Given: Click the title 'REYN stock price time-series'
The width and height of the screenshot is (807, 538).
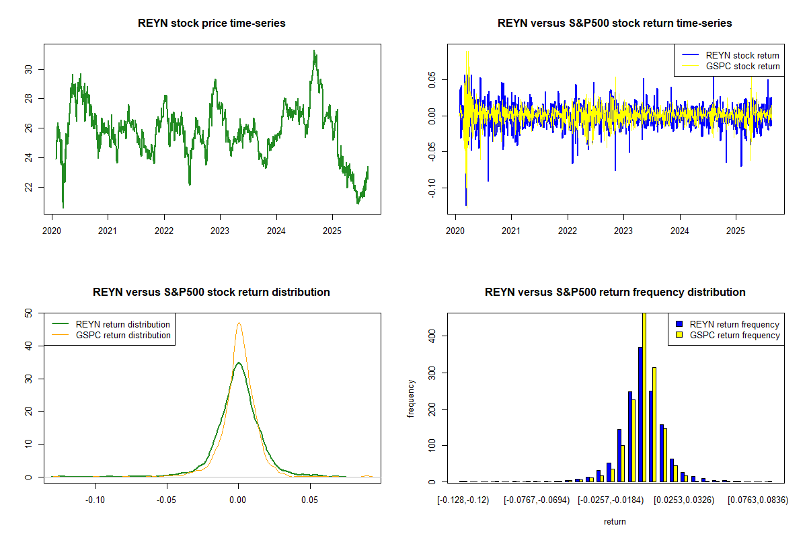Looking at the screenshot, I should point(212,24).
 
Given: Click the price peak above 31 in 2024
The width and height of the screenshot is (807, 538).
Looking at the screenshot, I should point(314,51).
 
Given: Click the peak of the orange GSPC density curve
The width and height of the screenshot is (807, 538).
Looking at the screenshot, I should point(239,323).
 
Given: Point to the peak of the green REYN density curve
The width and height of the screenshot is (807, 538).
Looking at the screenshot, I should point(238,363).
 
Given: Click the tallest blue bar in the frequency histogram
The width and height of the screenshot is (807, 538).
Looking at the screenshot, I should point(640,414).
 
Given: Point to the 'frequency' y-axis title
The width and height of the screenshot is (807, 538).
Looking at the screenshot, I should point(412,399).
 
